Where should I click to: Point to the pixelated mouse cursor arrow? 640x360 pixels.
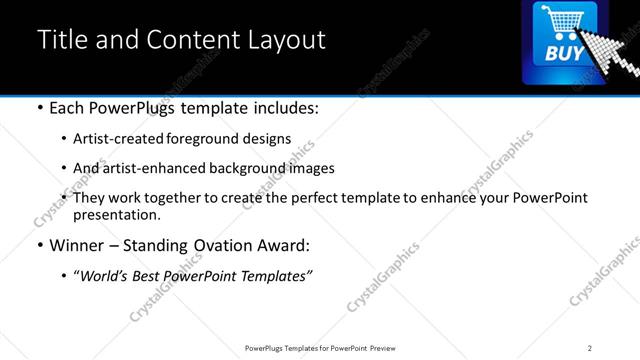[608, 50]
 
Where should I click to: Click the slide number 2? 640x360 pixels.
[590, 347]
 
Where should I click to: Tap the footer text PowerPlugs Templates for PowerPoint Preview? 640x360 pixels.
[319, 347]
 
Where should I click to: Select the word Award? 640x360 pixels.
[287, 246]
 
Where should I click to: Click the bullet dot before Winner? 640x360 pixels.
[39, 246]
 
